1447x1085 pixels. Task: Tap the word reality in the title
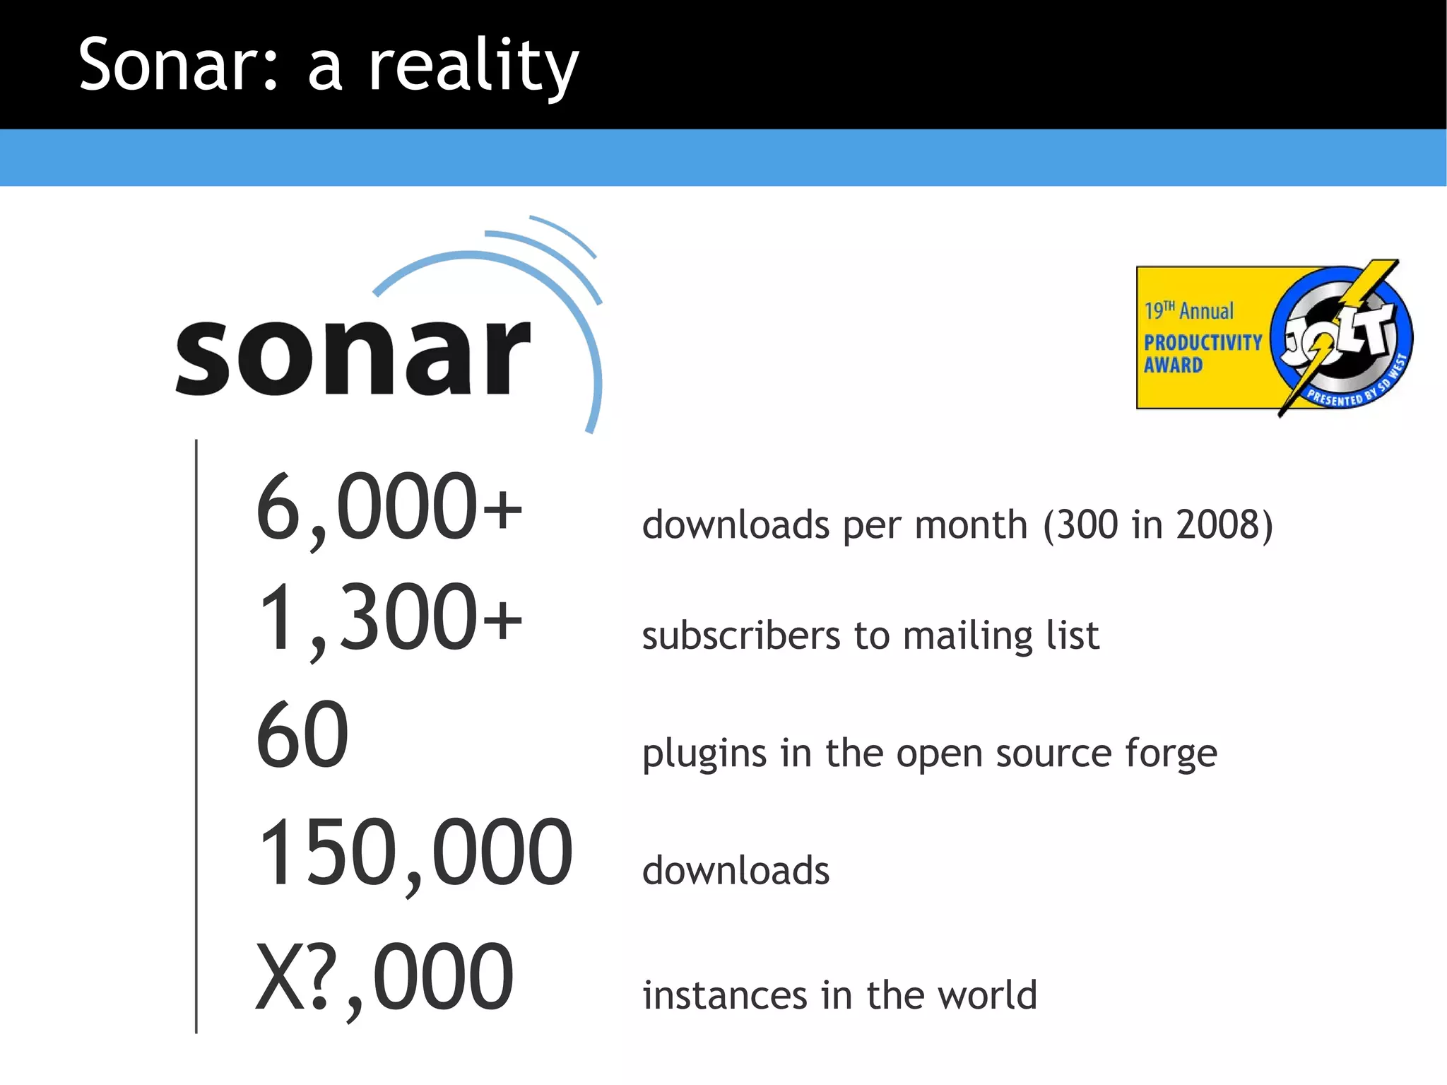point(473,67)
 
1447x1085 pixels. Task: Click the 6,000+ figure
point(389,508)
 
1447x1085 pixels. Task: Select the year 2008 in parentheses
point(1218,524)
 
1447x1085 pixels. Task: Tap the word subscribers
point(741,635)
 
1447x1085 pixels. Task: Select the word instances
point(725,995)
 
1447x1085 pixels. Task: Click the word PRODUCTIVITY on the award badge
point(1203,343)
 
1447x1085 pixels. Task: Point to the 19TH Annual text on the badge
point(1189,311)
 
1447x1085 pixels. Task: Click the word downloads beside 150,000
point(736,870)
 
